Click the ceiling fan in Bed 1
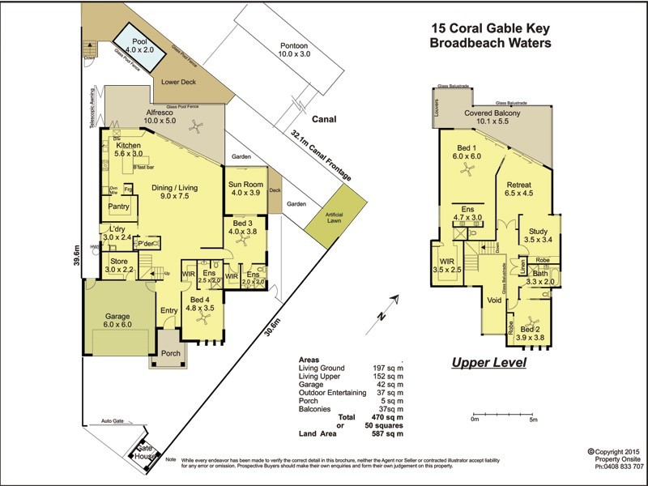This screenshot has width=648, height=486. pos(466,168)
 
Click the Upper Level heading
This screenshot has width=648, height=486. pos(488,362)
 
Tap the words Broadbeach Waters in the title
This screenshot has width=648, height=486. pos(491,43)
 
